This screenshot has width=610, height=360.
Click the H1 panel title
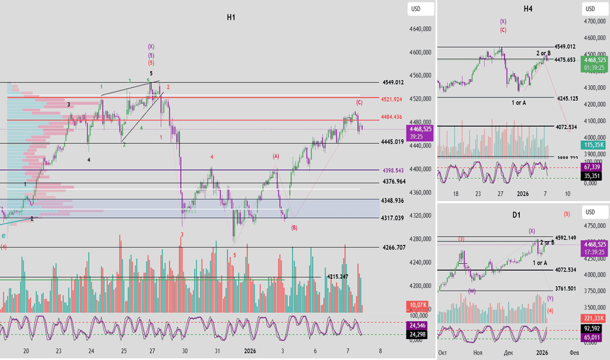coord(231,18)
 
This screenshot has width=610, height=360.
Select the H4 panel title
coord(528,9)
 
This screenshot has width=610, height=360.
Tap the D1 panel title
coord(516,215)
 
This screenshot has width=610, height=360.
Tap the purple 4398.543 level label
coord(397,170)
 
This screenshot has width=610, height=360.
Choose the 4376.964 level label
coord(397,182)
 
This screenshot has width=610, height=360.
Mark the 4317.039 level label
coord(397,218)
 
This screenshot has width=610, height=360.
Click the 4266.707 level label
coord(397,248)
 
